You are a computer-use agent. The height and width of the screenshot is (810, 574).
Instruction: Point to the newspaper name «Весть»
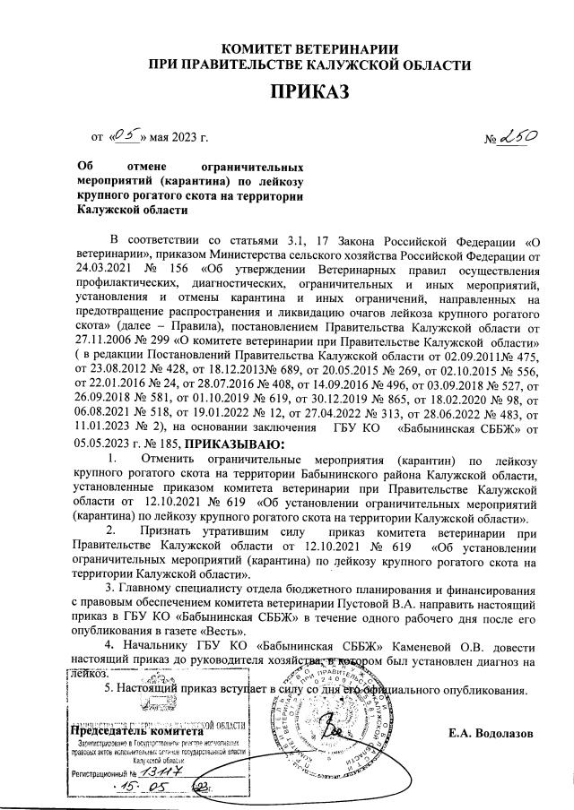227,632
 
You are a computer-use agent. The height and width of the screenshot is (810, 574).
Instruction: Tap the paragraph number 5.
109,690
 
